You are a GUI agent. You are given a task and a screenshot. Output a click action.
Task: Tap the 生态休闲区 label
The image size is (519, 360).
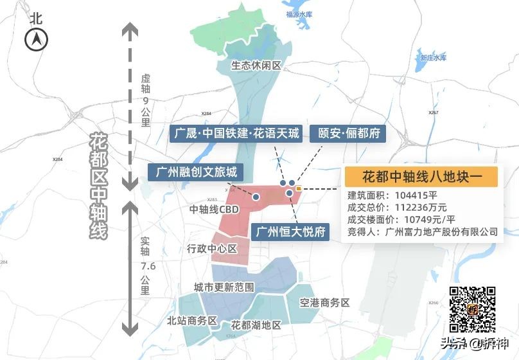tap(256, 66)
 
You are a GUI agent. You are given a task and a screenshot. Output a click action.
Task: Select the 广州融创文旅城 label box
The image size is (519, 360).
tap(196, 172)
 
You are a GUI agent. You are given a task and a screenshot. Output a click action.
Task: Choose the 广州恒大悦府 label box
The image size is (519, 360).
tap(290, 231)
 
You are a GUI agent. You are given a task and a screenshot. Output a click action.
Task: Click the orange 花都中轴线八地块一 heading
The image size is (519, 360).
tap(421, 176)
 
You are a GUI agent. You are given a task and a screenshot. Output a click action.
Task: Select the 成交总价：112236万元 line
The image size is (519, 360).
tap(397, 208)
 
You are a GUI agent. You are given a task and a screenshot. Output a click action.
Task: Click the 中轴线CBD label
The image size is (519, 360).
tap(214, 209)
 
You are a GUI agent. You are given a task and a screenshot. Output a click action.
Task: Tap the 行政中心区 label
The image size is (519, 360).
tap(212, 248)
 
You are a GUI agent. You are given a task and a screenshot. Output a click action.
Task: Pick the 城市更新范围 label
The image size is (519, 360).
tap(224, 287)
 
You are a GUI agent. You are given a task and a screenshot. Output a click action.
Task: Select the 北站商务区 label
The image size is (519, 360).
tap(192, 321)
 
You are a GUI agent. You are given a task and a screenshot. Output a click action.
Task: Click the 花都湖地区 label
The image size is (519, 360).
tap(256, 325)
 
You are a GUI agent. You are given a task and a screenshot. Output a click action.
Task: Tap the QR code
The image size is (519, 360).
tap(472, 309)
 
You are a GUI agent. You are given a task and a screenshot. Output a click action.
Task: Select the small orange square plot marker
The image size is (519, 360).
tap(299, 189)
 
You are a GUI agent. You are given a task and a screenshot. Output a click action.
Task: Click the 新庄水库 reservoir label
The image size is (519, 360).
tap(433, 58)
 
